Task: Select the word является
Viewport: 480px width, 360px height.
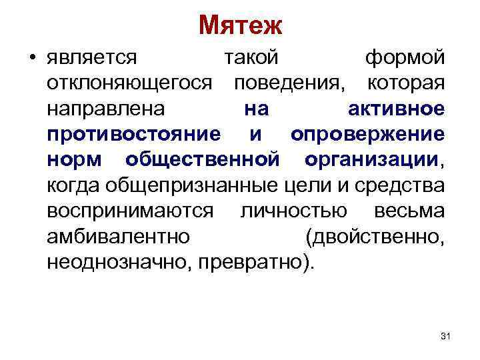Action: pyautogui.click(x=92, y=59)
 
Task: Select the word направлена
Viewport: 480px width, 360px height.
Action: pyautogui.click(x=100, y=109)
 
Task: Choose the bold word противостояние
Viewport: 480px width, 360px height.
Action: pyautogui.click(x=134, y=135)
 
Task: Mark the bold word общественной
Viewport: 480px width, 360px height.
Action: pyautogui.click(x=201, y=160)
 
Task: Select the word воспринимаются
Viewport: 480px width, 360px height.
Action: pyautogui.click(x=131, y=211)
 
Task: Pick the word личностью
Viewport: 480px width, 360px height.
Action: pyautogui.click(x=293, y=211)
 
